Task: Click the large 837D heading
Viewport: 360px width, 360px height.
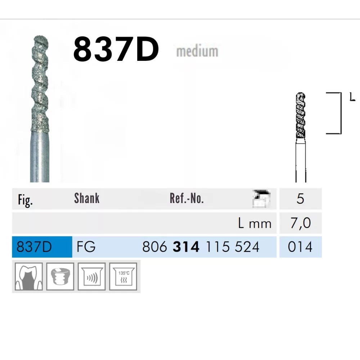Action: tap(116, 50)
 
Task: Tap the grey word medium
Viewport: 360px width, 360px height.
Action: tap(197, 51)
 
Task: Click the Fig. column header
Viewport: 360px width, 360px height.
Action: tap(25, 200)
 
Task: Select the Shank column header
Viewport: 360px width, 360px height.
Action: tap(87, 198)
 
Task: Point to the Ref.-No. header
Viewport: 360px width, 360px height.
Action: tap(186, 198)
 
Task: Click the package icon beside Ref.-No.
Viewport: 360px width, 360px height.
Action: tap(261, 199)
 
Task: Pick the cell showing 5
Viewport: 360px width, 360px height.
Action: tap(300, 199)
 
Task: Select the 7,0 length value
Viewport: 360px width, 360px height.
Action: tap(300, 223)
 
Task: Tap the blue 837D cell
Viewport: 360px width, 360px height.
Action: tap(42, 247)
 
